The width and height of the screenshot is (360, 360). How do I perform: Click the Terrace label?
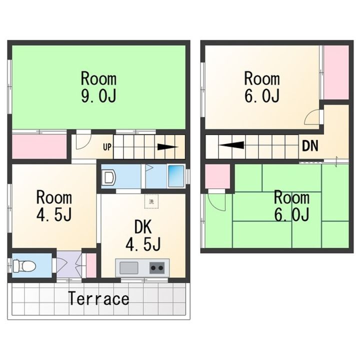98,298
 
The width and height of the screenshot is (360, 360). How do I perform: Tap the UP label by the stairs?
107,147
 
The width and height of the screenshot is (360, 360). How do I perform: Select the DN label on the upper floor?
310,145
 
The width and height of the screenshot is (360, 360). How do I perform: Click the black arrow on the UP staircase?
167,147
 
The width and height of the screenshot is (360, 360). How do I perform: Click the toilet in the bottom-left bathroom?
24,266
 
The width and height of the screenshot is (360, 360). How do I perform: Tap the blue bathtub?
176,176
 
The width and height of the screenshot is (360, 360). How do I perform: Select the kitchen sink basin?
129,267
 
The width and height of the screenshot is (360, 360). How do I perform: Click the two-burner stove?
157,267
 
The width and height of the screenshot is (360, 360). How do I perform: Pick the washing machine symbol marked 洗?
151,201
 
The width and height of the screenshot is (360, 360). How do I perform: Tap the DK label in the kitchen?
143,227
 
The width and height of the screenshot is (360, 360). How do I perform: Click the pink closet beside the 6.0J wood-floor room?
336,72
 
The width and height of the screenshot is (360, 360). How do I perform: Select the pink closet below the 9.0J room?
39,146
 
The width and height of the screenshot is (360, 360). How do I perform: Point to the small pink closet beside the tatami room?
217,176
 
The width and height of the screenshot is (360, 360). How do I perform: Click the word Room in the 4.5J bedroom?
54,197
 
